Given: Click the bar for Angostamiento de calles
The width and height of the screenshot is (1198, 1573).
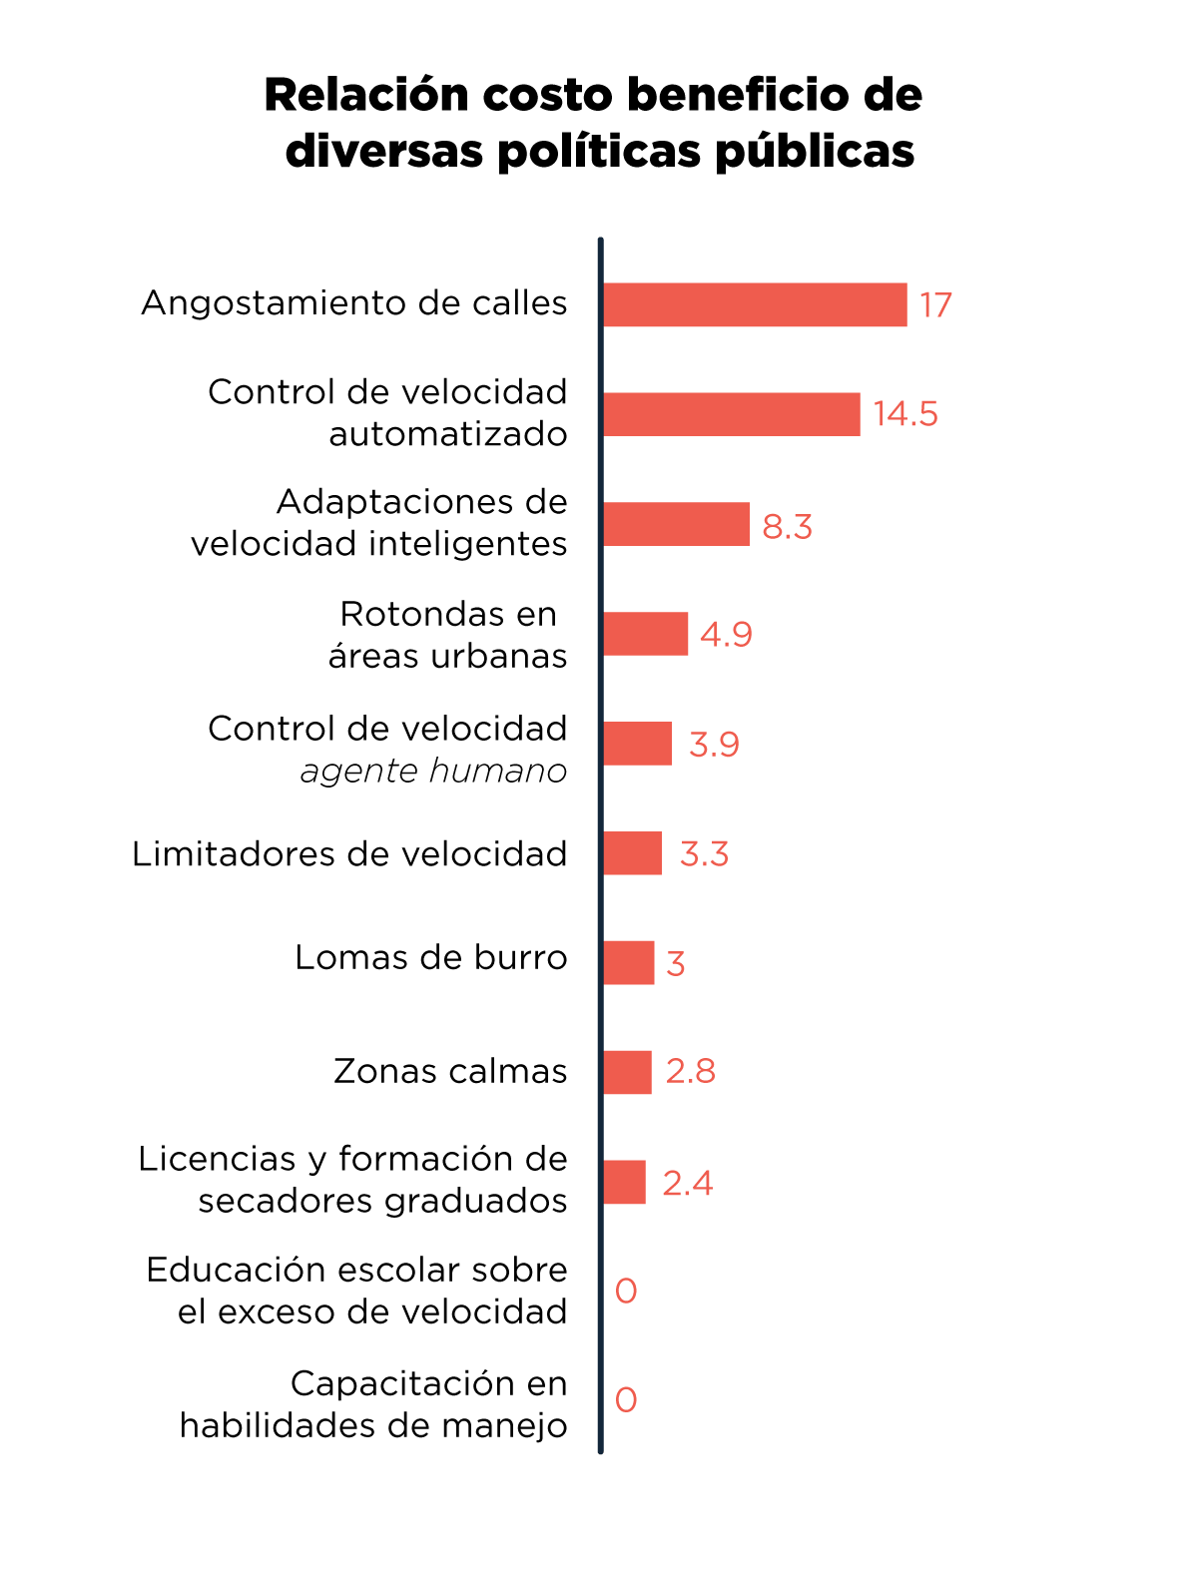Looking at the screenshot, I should (x=755, y=304).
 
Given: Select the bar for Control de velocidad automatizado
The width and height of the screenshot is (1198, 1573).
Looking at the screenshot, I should (x=731, y=414).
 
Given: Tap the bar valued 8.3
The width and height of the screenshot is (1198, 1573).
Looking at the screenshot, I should (x=676, y=524).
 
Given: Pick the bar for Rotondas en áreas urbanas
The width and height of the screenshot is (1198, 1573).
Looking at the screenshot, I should (x=645, y=634).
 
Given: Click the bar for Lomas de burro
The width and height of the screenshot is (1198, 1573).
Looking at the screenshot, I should (x=628, y=963).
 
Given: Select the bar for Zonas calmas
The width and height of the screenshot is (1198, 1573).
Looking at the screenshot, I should (x=627, y=1072).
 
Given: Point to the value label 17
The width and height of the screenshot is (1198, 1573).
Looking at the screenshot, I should (x=935, y=305).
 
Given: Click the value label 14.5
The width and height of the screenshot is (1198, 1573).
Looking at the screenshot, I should (x=905, y=414).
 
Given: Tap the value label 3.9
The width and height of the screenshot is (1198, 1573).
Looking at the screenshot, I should (x=714, y=745).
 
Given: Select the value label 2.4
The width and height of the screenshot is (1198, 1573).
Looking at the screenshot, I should (x=687, y=1184).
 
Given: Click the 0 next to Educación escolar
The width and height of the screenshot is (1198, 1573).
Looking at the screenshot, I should (x=626, y=1292).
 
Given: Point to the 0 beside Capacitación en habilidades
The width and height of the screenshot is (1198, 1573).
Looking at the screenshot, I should (x=626, y=1400).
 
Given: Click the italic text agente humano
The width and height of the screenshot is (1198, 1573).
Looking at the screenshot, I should (x=433, y=772).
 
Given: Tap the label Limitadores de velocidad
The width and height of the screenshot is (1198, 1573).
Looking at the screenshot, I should (x=349, y=854).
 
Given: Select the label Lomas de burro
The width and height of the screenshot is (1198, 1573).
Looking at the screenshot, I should (x=430, y=958).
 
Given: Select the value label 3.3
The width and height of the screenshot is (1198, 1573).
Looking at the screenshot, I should (x=704, y=854).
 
